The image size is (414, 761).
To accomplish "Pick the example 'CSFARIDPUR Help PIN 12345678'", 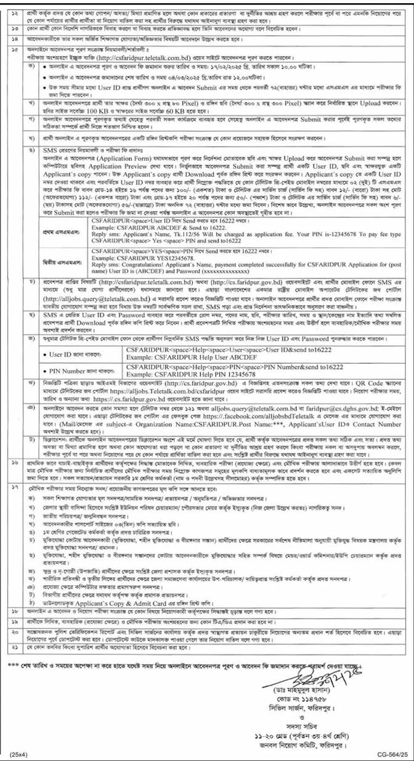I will tap(179, 375).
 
